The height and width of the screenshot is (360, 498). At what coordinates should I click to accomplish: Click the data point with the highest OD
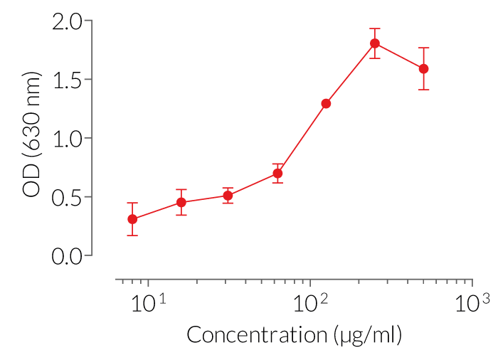tap(375, 43)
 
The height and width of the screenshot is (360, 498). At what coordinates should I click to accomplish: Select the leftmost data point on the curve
tap(132, 219)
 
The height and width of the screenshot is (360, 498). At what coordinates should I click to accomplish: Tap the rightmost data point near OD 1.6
tap(423, 68)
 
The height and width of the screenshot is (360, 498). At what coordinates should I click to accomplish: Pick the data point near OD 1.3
tap(326, 103)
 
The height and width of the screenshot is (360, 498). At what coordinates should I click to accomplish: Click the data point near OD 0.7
tap(278, 173)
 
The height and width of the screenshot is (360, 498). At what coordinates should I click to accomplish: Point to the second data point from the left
tap(181, 202)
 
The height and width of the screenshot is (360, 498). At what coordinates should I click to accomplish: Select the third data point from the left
tap(228, 195)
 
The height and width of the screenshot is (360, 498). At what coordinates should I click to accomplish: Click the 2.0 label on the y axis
tap(68, 21)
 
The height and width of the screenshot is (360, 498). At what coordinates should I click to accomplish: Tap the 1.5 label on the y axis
tap(68, 80)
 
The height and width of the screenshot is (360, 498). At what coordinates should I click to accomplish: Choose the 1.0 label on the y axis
tap(68, 138)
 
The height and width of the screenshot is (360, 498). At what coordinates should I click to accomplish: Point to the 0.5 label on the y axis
tap(68, 197)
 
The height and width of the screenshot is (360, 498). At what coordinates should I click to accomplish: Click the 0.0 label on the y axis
tap(68, 255)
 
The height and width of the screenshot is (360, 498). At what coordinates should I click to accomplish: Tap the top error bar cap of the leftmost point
tap(132, 203)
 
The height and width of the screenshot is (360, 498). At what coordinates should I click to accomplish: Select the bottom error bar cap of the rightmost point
tap(423, 89)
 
